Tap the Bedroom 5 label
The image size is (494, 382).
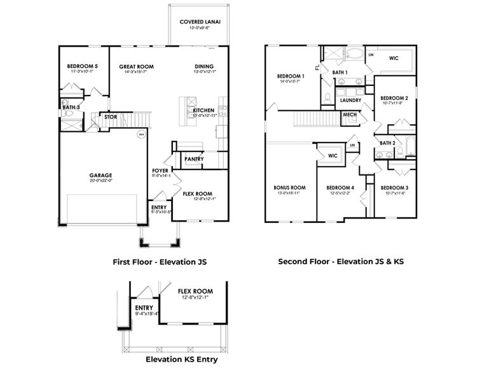[x=83, y=66]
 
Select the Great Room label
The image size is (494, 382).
[x=136, y=66]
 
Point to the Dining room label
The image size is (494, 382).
[x=204, y=66]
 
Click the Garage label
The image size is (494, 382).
[x=100, y=175]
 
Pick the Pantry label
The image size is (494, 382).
[x=193, y=159]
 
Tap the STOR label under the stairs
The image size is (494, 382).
[x=111, y=117]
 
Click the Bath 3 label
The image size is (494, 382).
[x=71, y=108]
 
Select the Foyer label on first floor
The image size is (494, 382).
[x=160, y=171]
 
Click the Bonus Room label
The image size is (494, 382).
[x=290, y=188]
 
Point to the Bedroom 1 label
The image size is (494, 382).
[x=290, y=76]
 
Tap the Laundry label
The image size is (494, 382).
[x=350, y=101]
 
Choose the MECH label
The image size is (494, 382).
[x=350, y=115]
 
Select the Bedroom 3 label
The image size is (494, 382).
[x=395, y=188]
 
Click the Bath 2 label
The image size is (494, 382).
[x=388, y=143]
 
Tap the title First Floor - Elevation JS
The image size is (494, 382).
[x=160, y=261]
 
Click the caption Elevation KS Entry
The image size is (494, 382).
[x=181, y=359]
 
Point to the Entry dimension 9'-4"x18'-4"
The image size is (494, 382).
[x=147, y=313]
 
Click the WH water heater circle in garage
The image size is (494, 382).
[x=141, y=134]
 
